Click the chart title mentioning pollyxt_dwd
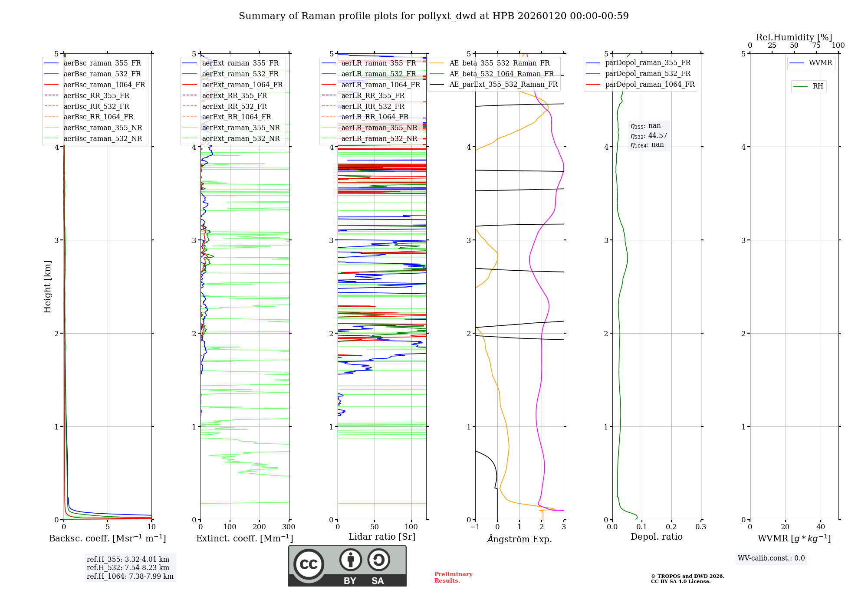(434, 16)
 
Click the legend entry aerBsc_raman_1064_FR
(104, 85)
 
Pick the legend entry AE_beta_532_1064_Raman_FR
(501, 74)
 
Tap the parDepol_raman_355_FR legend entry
(648, 63)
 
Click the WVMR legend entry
(820, 63)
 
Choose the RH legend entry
(818, 86)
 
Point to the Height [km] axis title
(47, 287)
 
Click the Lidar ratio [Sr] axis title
(382, 537)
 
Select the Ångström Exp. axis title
(519, 539)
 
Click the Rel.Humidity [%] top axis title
(794, 37)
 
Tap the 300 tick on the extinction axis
(289, 527)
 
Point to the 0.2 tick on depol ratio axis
(671, 527)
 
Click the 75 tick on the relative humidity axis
(816, 45)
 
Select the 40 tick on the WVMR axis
(821, 527)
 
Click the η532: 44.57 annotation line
(649, 136)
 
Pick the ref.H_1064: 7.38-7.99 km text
(130, 576)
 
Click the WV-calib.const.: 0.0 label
(771, 558)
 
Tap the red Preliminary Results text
(453, 577)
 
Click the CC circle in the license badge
(309, 564)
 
